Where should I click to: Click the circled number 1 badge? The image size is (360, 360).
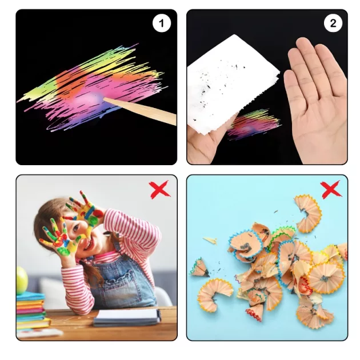tap(162, 23)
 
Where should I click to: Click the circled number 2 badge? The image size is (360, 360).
tap(333, 23)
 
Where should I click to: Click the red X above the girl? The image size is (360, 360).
tap(159, 189)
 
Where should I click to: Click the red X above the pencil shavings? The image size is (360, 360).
tap(331, 189)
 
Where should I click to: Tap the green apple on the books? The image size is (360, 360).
tap(22, 281)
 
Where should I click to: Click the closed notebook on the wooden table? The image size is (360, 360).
tap(127, 317)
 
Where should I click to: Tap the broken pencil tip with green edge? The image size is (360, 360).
tap(199, 267)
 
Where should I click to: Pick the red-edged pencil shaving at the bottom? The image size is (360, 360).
tap(254, 311)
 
